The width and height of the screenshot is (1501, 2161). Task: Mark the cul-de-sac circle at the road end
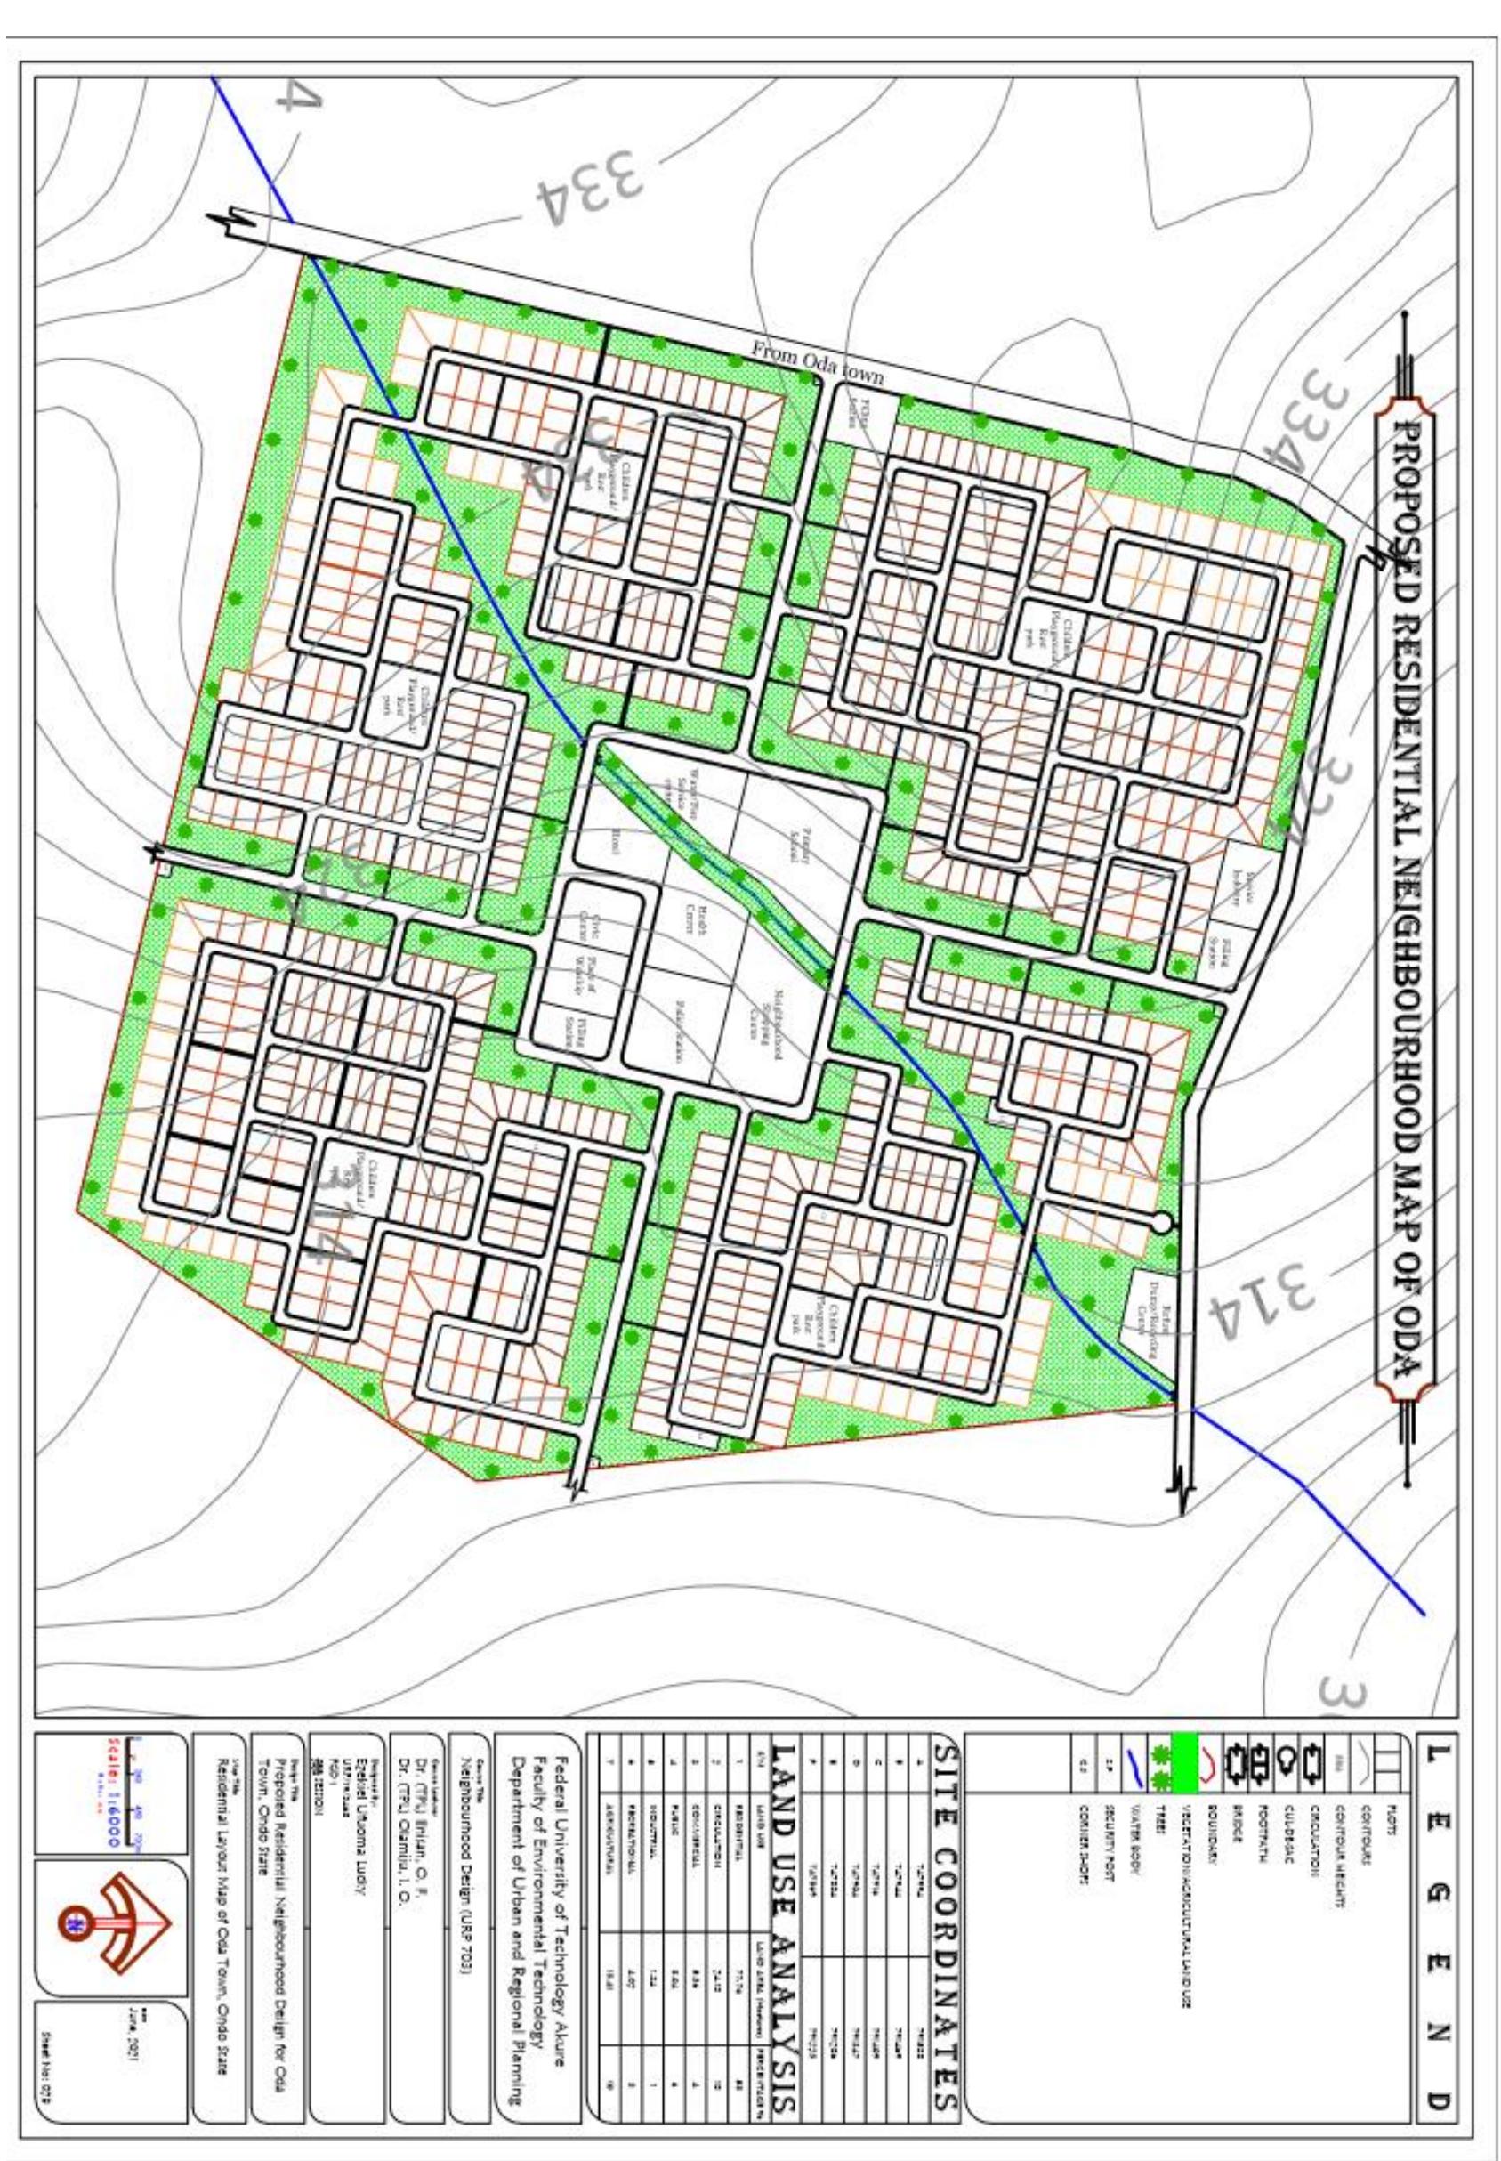pos(1161,1222)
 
